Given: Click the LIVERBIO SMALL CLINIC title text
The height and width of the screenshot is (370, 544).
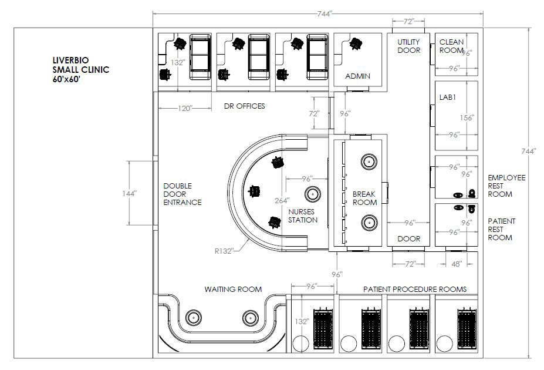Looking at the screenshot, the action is click(x=80, y=69).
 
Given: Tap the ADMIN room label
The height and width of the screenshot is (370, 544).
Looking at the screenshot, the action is click(x=357, y=76).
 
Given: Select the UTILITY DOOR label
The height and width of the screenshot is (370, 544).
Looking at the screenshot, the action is click(x=409, y=46).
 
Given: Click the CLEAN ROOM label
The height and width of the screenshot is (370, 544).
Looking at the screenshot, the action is click(x=451, y=46).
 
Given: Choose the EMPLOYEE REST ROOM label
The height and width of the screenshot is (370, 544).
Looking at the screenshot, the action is click(x=506, y=186).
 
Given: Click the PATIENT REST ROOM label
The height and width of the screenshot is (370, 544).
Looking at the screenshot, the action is click(x=502, y=229).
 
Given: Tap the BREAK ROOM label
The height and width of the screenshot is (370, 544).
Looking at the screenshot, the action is click(x=364, y=198).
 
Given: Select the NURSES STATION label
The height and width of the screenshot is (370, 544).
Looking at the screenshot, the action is click(x=303, y=216).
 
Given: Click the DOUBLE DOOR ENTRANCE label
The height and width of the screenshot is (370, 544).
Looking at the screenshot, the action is click(x=182, y=194).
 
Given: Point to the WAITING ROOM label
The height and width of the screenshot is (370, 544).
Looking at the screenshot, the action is click(x=233, y=289).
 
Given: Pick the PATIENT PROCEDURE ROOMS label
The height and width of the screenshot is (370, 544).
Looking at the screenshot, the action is click(x=414, y=289).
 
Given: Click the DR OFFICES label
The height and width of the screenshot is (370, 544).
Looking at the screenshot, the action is click(x=245, y=106).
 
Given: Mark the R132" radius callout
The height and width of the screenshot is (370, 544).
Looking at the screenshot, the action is click(x=224, y=251).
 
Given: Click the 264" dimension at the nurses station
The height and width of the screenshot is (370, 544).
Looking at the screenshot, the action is click(x=282, y=200).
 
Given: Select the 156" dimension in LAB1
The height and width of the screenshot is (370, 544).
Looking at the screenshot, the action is click(x=467, y=117).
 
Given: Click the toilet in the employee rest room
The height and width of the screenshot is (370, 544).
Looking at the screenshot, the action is click(x=472, y=193).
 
